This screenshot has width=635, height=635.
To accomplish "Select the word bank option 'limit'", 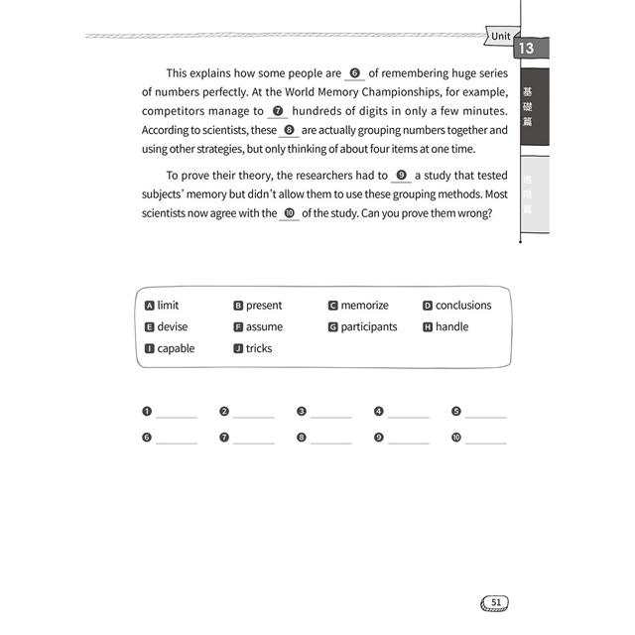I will click(168, 306).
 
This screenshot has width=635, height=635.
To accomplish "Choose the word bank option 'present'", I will click(263, 306).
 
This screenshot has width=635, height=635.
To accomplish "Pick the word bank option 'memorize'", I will click(364, 306).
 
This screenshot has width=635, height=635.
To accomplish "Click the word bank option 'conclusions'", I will click(462, 306).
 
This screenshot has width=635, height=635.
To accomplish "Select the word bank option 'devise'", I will click(172, 326).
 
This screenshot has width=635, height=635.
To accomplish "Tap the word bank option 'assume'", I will click(264, 326).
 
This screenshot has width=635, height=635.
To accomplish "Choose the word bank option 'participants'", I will click(368, 326).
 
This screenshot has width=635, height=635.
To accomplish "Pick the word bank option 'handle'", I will click(451, 326).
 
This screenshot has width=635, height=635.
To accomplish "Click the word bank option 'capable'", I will click(176, 348).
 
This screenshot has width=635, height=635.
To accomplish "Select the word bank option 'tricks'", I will click(258, 348).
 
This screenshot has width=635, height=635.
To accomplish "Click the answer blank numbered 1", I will click(177, 413).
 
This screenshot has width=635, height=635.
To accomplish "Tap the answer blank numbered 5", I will click(486, 413).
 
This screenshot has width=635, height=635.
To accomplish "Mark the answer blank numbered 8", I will click(331, 438).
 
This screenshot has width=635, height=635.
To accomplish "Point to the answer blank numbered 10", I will click(486, 438).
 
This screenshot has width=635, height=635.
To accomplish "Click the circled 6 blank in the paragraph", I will click(355, 73).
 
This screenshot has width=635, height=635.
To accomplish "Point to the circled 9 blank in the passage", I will click(401, 176).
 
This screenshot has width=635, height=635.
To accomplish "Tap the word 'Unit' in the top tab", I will click(501, 37).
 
